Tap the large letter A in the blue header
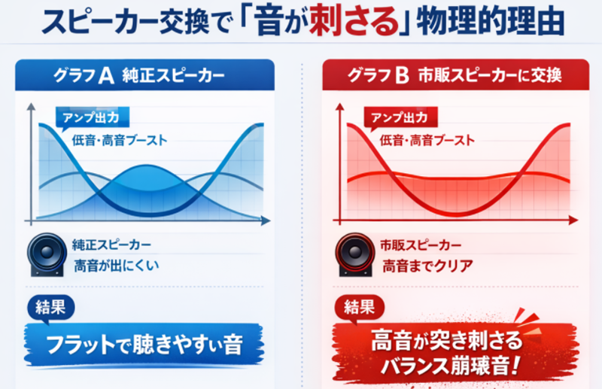click(106, 75)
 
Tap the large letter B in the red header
click(402, 75)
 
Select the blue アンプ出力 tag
click(92, 117)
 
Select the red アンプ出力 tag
click(400, 117)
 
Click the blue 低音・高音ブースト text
click(120, 140)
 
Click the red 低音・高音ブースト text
click(427, 140)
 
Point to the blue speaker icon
click(47, 254)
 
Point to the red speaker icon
click(354, 254)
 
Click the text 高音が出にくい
click(117, 266)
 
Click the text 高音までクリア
click(427, 266)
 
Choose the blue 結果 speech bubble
click(50, 308)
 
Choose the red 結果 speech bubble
click(360, 308)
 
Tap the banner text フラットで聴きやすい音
click(144, 345)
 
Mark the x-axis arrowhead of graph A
click(266, 220)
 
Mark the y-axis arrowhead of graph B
click(340, 107)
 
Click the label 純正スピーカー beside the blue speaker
click(111, 245)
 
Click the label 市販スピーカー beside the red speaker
click(421, 245)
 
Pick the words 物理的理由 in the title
click(491, 23)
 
